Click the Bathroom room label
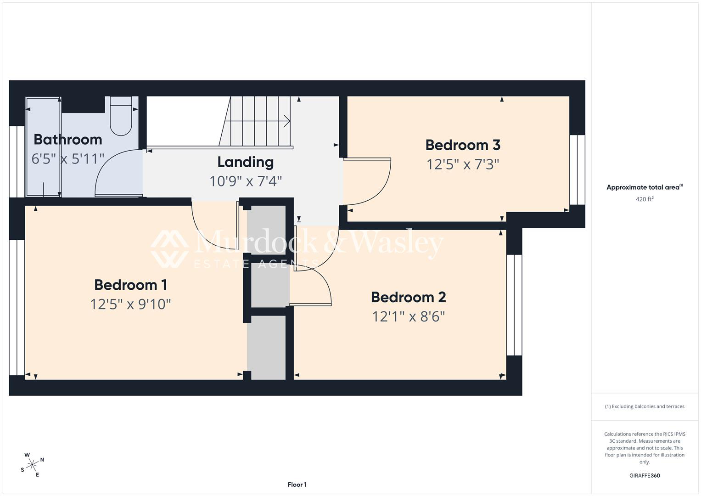pyautogui.click(x=68, y=140)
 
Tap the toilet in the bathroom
pyautogui.click(x=121, y=116)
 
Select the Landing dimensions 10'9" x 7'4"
pyautogui.click(x=246, y=181)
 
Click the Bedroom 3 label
pyautogui.click(x=463, y=145)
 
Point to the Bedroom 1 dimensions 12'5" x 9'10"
pyautogui.click(x=130, y=304)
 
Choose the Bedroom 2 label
pyautogui.click(x=409, y=297)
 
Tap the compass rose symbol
pyautogui.click(x=32, y=465)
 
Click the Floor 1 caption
pyautogui.click(x=297, y=485)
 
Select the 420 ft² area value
pyautogui.click(x=645, y=199)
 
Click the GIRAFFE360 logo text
pyautogui.click(x=645, y=475)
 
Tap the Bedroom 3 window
pyautogui.click(x=577, y=170)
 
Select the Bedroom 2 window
pyautogui.click(x=514, y=305)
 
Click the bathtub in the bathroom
pyautogui.click(x=43, y=147)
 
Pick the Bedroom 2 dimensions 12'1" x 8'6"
pyautogui.click(x=409, y=316)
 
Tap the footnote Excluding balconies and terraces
pyautogui.click(x=645, y=406)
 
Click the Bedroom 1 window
pyautogui.click(x=17, y=308)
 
